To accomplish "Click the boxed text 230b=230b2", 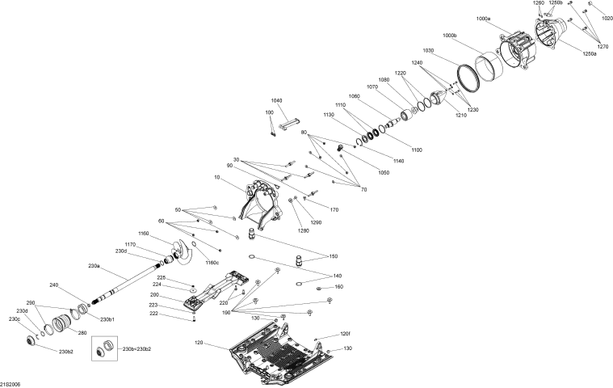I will [137, 348].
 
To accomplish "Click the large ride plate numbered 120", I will [279, 348].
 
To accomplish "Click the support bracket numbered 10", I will [260, 203].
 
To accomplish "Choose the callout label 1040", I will [277, 99].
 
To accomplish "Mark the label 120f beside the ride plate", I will [346, 334].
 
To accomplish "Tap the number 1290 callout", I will [316, 222].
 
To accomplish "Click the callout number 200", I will [176, 295].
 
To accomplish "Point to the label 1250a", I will [590, 53].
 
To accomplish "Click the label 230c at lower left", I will [15, 318].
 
